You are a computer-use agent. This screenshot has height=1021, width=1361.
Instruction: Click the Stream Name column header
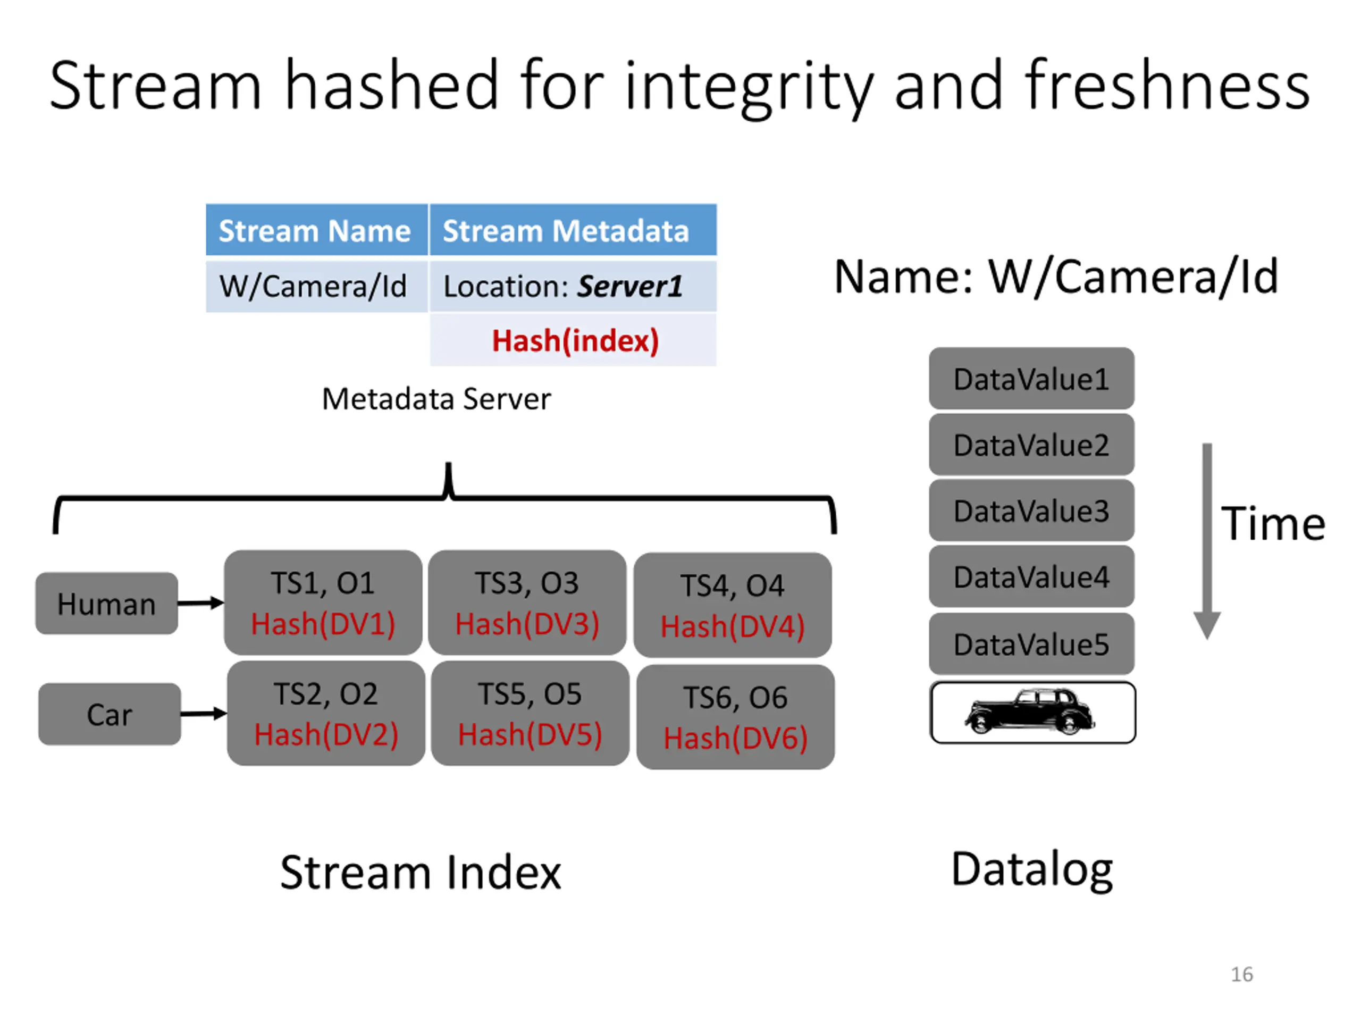[x=316, y=230]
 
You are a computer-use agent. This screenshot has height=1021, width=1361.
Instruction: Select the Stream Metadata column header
[x=573, y=230]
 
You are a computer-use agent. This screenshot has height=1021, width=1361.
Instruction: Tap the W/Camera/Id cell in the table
[x=316, y=286]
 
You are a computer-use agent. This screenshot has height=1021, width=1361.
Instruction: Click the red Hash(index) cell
[x=573, y=340]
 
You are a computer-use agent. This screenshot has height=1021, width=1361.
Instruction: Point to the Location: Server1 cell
[x=573, y=286]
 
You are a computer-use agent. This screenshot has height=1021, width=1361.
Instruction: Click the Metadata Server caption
[x=436, y=399]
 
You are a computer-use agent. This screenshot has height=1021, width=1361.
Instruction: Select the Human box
[x=106, y=603]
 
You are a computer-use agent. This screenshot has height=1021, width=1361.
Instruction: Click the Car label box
[x=110, y=714]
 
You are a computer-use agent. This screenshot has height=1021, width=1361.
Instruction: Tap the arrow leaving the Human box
[x=200, y=603]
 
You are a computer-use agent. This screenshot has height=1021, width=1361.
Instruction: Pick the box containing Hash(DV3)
[x=527, y=602]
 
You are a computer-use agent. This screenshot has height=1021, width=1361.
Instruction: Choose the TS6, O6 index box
[x=736, y=717]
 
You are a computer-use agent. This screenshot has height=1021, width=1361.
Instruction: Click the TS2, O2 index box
[x=326, y=713]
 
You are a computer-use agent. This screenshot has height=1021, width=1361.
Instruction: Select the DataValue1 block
[x=1032, y=379]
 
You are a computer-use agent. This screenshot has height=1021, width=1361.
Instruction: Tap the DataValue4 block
[x=1032, y=576]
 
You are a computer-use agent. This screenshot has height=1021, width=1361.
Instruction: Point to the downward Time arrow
[x=1207, y=541]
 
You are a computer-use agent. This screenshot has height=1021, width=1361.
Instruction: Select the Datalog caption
[x=1032, y=869]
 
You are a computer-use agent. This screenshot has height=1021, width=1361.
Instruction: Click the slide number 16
[x=1241, y=974]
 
